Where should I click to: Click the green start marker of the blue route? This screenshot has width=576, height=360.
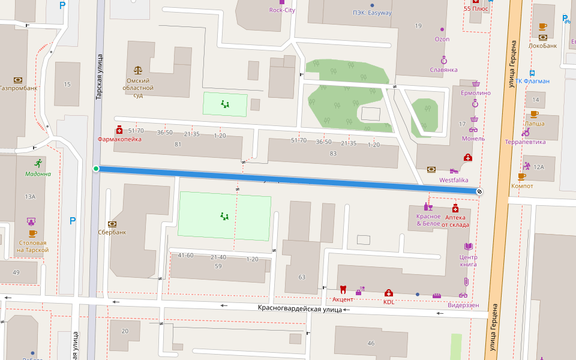point(96,169)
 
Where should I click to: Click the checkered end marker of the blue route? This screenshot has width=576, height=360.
point(479,191)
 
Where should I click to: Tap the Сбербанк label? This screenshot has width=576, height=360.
point(112,232)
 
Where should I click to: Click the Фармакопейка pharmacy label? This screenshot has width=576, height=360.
point(119,139)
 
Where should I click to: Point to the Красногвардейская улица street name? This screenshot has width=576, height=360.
point(299,309)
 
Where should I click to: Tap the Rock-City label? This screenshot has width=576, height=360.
point(282,10)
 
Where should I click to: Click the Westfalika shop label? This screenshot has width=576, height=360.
point(454,179)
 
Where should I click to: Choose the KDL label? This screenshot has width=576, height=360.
point(389,302)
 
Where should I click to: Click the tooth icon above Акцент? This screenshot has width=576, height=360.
point(343,289)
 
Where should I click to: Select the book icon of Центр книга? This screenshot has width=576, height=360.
point(468,247)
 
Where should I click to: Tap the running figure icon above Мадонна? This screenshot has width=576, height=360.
point(38,163)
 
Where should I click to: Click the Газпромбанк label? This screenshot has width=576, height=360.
point(19,88)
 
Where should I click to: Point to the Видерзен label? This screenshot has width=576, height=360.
point(464,305)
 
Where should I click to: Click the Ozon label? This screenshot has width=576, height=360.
point(442,39)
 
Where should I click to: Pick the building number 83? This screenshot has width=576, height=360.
point(333,154)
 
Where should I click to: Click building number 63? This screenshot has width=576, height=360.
point(302,277)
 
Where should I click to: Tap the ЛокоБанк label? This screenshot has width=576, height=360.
point(542,45)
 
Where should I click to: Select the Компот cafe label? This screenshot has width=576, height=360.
point(521,185)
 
